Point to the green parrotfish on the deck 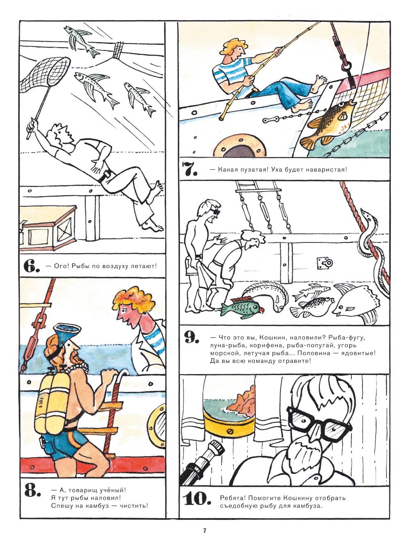pos(241,308)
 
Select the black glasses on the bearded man pos(319,423)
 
